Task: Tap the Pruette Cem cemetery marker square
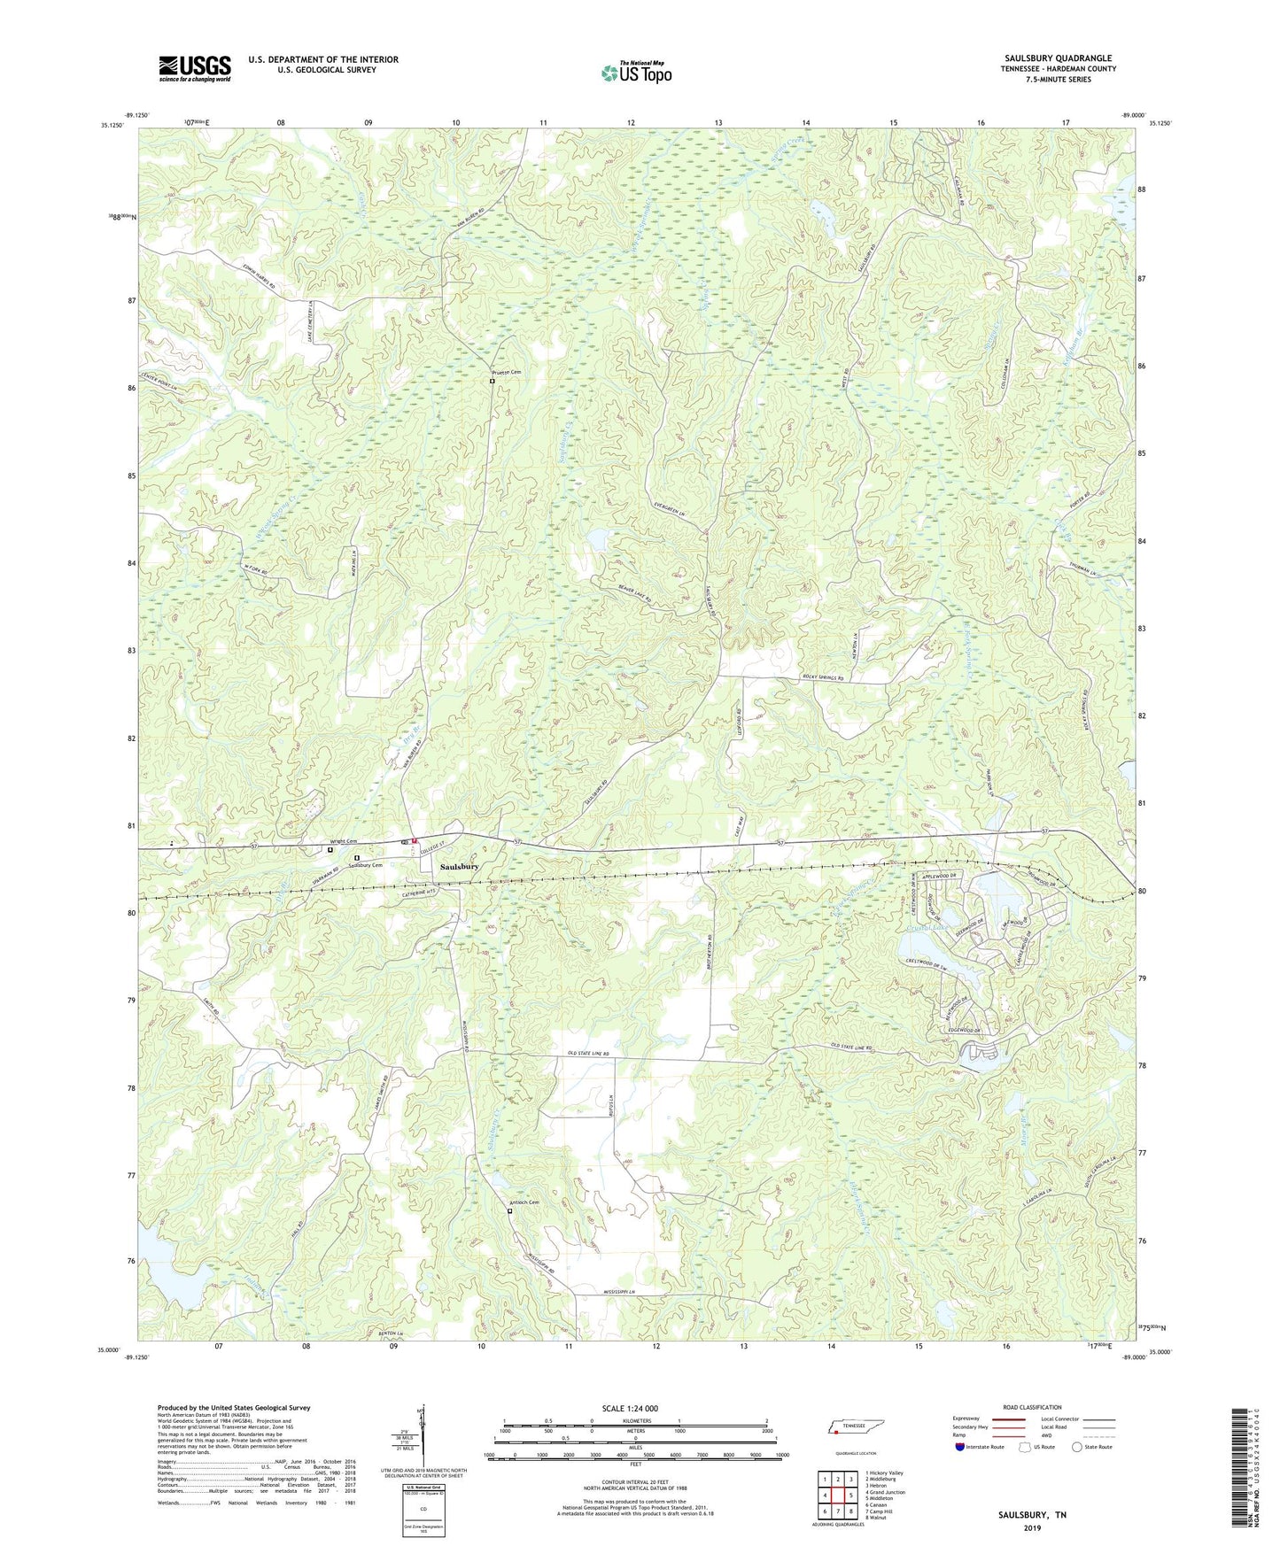click(x=493, y=382)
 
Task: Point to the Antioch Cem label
click(x=524, y=1202)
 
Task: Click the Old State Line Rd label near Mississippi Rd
click(x=589, y=1054)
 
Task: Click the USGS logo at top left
click(x=195, y=68)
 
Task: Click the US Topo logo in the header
click(x=635, y=73)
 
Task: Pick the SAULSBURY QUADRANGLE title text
click(x=1058, y=58)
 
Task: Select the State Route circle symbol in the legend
click(x=1076, y=1447)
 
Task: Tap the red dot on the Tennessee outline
click(x=835, y=1430)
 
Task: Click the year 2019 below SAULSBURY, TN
click(x=1032, y=1527)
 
